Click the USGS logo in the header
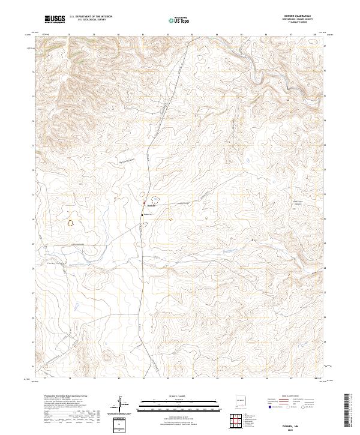point(55,19)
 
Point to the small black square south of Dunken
point(142,214)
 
